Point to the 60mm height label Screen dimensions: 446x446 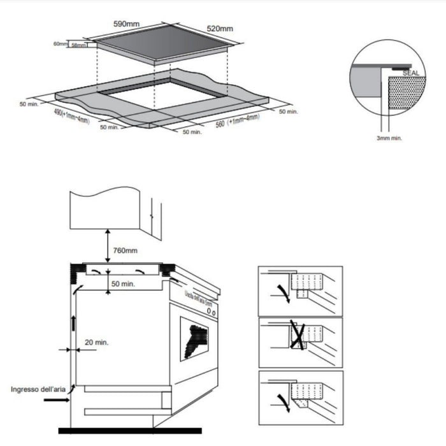[x=61, y=44]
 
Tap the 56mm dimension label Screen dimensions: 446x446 [x=79, y=45]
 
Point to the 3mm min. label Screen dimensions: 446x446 [x=390, y=138]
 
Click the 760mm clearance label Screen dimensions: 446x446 [x=124, y=250]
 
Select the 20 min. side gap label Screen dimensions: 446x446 [x=96, y=342]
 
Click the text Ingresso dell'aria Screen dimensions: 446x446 [x=40, y=388]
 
